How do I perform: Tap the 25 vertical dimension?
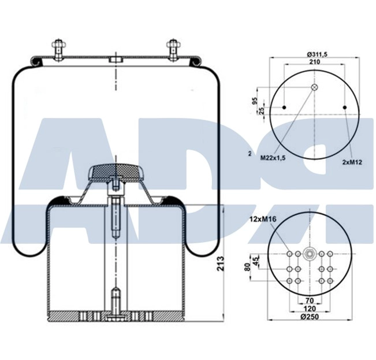pos(262,111)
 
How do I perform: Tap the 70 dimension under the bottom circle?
pos(310,300)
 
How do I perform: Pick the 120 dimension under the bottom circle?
pos(310,309)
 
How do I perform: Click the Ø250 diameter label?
pos(310,317)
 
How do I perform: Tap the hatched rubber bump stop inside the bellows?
pos(116,170)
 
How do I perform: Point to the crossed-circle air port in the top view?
pos(314,87)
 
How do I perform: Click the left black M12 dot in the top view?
pos(284,107)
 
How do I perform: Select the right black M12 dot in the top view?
pos(345,107)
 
